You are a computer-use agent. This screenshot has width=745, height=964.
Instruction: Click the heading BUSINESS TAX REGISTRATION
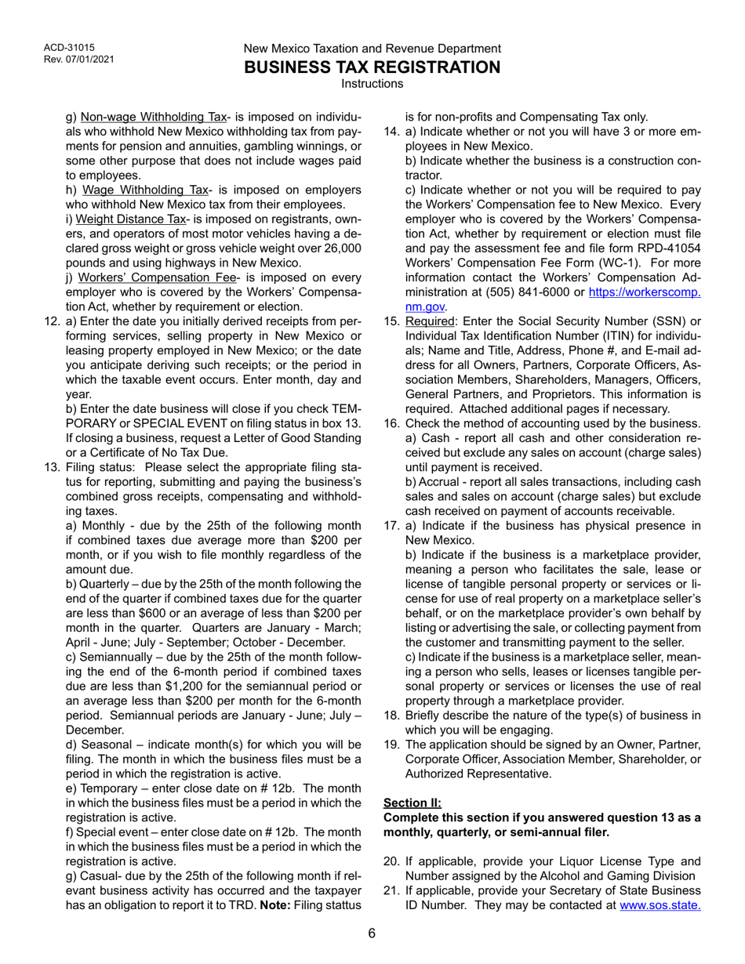tap(372, 67)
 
